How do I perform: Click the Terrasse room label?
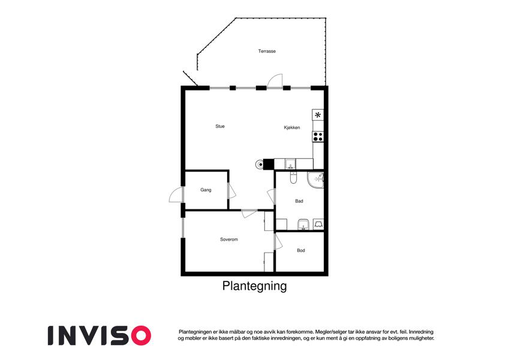point(267,51)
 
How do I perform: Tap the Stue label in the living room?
point(220,126)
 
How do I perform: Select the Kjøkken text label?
point(292,127)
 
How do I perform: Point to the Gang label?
point(206,190)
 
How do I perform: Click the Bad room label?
point(299,201)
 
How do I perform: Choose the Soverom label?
point(229,239)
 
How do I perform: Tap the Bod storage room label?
point(301,251)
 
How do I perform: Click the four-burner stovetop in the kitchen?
point(318,137)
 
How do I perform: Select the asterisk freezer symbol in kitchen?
point(318,115)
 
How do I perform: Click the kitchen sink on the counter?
point(291,164)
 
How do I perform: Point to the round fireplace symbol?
point(260,164)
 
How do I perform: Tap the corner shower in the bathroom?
point(316,180)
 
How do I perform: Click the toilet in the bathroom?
point(293,178)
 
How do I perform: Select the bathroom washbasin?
point(303,224)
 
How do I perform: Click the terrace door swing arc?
point(275,80)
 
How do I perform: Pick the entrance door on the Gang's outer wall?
point(176,195)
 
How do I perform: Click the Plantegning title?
point(254,286)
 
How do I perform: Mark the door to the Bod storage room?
point(278,242)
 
